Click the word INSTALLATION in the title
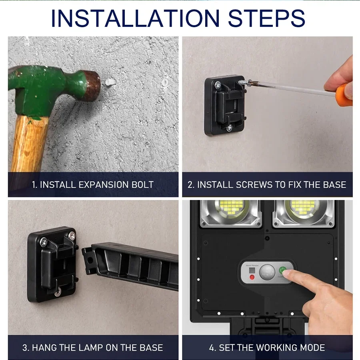[x=135, y=18]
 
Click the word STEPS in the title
[x=266, y=18]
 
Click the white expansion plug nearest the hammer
[x=111, y=82]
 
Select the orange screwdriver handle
[x=344, y=94]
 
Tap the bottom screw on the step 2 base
[x=229, y=128]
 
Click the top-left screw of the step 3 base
[x=44, y=242]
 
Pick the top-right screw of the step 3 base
[x=72, y=235]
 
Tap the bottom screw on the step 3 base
[x=58, y=292]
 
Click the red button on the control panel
[x=252, y=277]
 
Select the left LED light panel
[x=231, y=214]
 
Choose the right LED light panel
[x=304, y=214]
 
